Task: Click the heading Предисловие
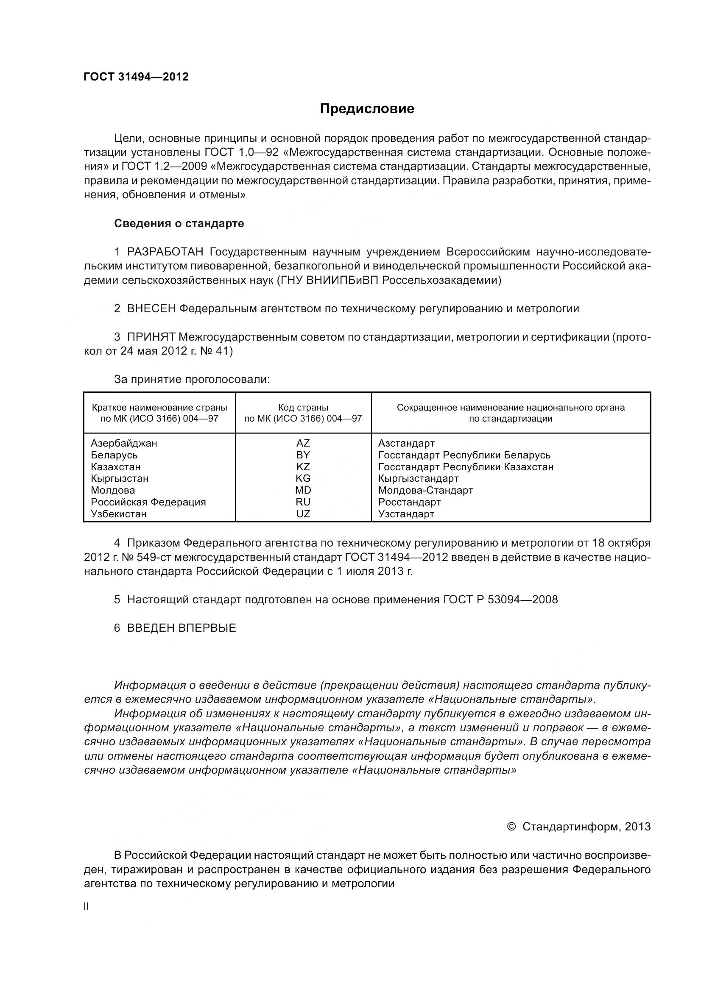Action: [367, 109]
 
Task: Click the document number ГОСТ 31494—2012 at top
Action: [136, 77]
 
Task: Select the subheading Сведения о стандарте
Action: [179, 224]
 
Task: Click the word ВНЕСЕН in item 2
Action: [151, 309]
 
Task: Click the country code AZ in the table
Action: [303, 443]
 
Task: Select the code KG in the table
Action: [303, 479]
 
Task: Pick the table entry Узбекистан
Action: [119, 514]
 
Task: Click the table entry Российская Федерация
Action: [148, 502]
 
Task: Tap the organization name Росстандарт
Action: [409, 502]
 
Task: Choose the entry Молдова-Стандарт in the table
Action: [425, 490]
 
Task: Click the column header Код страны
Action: [303, 408]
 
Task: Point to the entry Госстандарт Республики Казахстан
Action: [466, 467]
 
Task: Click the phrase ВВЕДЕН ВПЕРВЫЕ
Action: [182, 628]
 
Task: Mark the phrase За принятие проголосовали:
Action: [192, 380]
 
